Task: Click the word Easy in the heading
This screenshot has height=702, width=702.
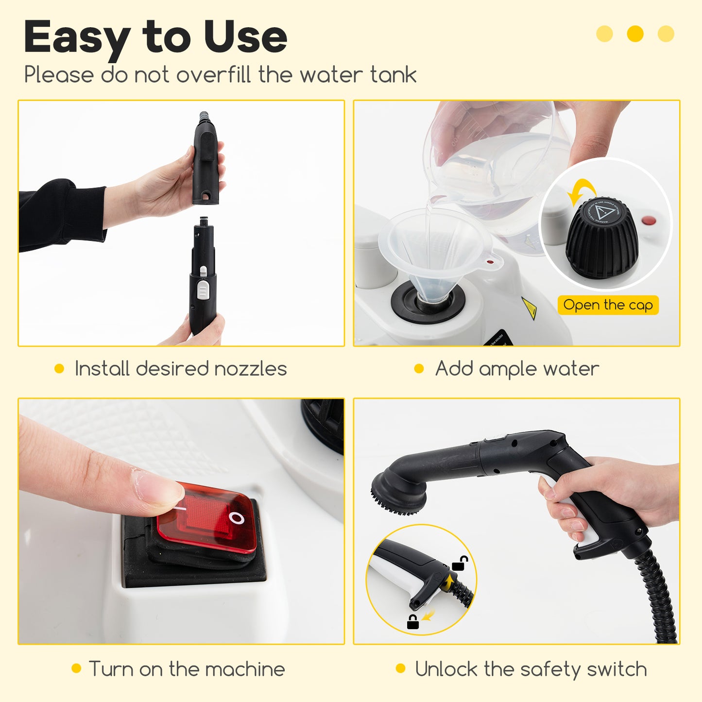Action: click(x=76, y=37)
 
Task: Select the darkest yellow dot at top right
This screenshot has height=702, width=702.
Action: click(x=635, y=34)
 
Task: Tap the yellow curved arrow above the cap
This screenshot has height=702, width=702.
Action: click(x=582, y=191)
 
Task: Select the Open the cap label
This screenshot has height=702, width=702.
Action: click(x=608, y=305)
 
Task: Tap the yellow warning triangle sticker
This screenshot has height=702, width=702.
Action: click(x=529, y=308)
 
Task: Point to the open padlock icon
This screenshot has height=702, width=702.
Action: click(x=460, y=564)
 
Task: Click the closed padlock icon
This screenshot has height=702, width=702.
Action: click(x=412, y=622)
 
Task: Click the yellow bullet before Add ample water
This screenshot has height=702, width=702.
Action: click(x=419, y=369)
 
